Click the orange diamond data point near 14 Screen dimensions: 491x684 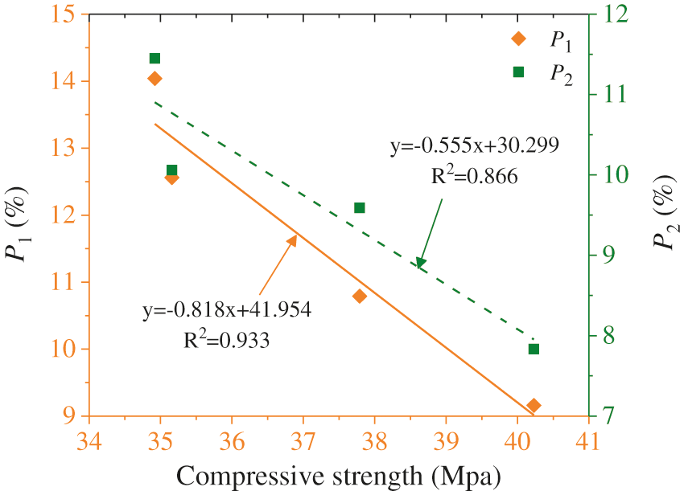click(x=155, y=78)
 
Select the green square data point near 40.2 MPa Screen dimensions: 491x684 click(x=534, y=349)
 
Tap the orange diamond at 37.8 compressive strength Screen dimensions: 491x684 click(x=360, y=296)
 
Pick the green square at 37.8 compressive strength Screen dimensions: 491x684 click(x=360, y=207)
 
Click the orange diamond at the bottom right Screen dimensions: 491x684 click(x=534, y=405)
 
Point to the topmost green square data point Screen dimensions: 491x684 click(x=155, y=58)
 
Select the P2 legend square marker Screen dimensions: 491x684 click(x=518, y=72)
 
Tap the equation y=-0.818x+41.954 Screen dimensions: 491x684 click(x=222, y=309)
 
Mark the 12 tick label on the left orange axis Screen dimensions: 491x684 click(x=67, y=215)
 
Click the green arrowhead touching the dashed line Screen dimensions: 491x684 click(x=419, y=263)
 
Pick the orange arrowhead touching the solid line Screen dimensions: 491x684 click(x=294, y=238)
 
